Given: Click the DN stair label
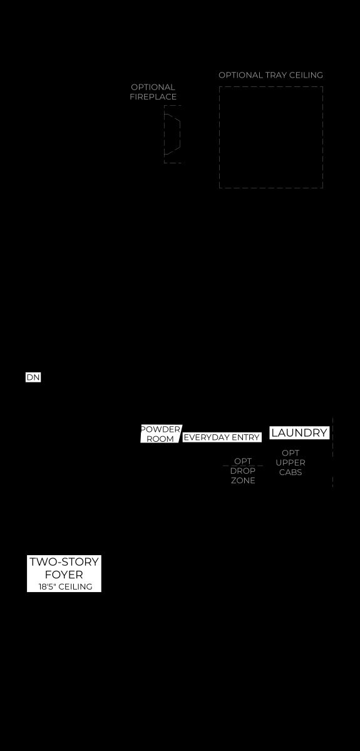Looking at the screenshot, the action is click(33, 377).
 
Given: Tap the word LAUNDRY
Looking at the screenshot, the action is click(299, 432).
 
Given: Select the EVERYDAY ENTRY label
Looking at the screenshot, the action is click(222, 437).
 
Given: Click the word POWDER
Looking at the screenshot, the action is click(161, 429).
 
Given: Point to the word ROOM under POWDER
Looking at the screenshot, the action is click(160, 439).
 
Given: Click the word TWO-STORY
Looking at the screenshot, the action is click(64, 561).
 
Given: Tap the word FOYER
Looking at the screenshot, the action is click(64, 575).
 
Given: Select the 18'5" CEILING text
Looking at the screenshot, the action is click(65, 586).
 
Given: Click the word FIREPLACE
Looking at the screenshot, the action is click(153, 96).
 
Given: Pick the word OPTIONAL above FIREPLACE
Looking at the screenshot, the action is click(153, 87).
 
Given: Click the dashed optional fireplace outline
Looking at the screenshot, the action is click(164, 134).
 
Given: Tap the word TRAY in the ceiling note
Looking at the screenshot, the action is click(276, 75).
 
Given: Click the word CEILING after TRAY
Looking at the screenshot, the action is click(306, 75).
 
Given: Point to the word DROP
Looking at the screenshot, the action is click(243, 471).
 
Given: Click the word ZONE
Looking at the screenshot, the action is click(243, 481).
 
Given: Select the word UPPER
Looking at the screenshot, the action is click(291, 462).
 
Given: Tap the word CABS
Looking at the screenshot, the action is click(291, 472).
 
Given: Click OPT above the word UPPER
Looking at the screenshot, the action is click(291, 453).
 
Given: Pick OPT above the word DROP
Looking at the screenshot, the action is click(243, 461).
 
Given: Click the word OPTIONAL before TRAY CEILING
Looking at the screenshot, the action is click(240, 75).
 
